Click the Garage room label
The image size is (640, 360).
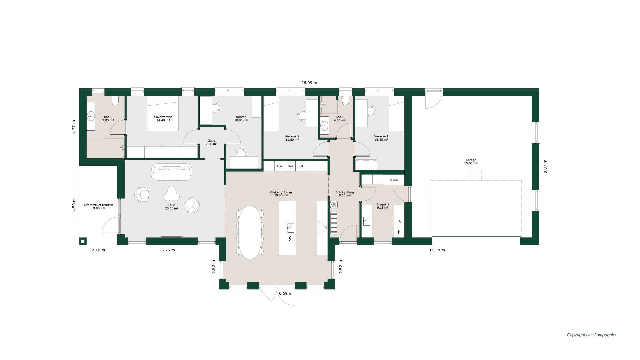471,162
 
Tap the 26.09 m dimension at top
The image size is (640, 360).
309,83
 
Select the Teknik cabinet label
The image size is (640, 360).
393,180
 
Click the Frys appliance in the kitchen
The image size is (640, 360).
280,166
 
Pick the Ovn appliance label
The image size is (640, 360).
290,166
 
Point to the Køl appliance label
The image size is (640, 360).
301,166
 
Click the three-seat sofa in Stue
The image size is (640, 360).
172,172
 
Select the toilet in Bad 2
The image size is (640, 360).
115,100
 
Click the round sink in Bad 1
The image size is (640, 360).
324,126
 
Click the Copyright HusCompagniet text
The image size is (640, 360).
592,335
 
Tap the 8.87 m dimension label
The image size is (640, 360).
545,167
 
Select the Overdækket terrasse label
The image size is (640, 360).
99,207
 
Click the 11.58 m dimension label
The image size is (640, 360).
437,250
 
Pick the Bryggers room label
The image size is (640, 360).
383,206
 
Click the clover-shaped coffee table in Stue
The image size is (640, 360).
172,194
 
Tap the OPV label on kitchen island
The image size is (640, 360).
290,239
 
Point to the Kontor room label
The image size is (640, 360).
241,119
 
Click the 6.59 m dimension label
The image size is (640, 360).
286,293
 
